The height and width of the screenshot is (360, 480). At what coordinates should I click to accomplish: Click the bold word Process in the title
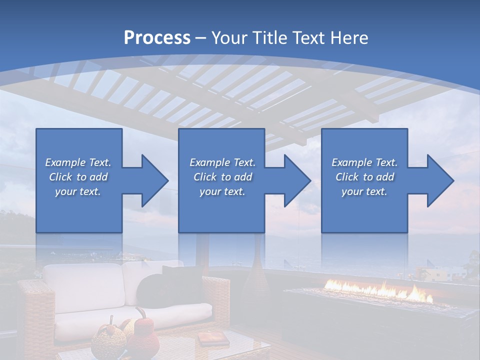point(157,37)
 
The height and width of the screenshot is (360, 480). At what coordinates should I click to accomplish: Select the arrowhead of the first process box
point(150,180)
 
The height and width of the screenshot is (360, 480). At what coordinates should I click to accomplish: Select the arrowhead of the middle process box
point(293,180)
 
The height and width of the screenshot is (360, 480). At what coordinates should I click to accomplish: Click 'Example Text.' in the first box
point(78,162)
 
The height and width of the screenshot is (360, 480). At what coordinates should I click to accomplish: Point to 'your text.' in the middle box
point(222,191)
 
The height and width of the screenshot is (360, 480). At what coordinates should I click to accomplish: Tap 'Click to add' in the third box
point(364,177)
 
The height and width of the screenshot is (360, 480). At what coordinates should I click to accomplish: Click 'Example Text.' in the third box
point(364,162)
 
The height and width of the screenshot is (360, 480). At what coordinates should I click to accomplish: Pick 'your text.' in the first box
point(78,191)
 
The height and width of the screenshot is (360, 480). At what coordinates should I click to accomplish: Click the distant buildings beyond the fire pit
point(440,272)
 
